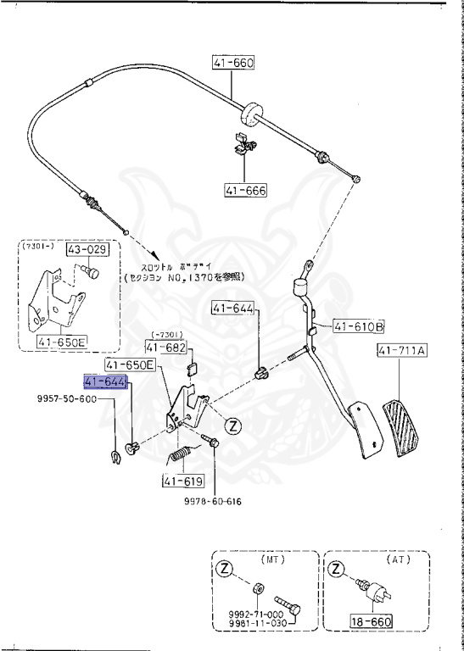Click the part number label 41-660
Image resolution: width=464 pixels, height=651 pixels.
233,62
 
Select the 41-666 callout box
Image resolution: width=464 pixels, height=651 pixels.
246,191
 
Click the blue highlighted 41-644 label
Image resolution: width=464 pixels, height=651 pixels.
105,382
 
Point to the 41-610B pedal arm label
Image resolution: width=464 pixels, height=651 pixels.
358,325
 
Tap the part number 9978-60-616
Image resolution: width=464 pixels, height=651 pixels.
213,502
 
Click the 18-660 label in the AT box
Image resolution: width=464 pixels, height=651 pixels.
371,620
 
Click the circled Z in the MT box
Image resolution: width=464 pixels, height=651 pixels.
224,570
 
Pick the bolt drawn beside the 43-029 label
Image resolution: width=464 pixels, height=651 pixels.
90,272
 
